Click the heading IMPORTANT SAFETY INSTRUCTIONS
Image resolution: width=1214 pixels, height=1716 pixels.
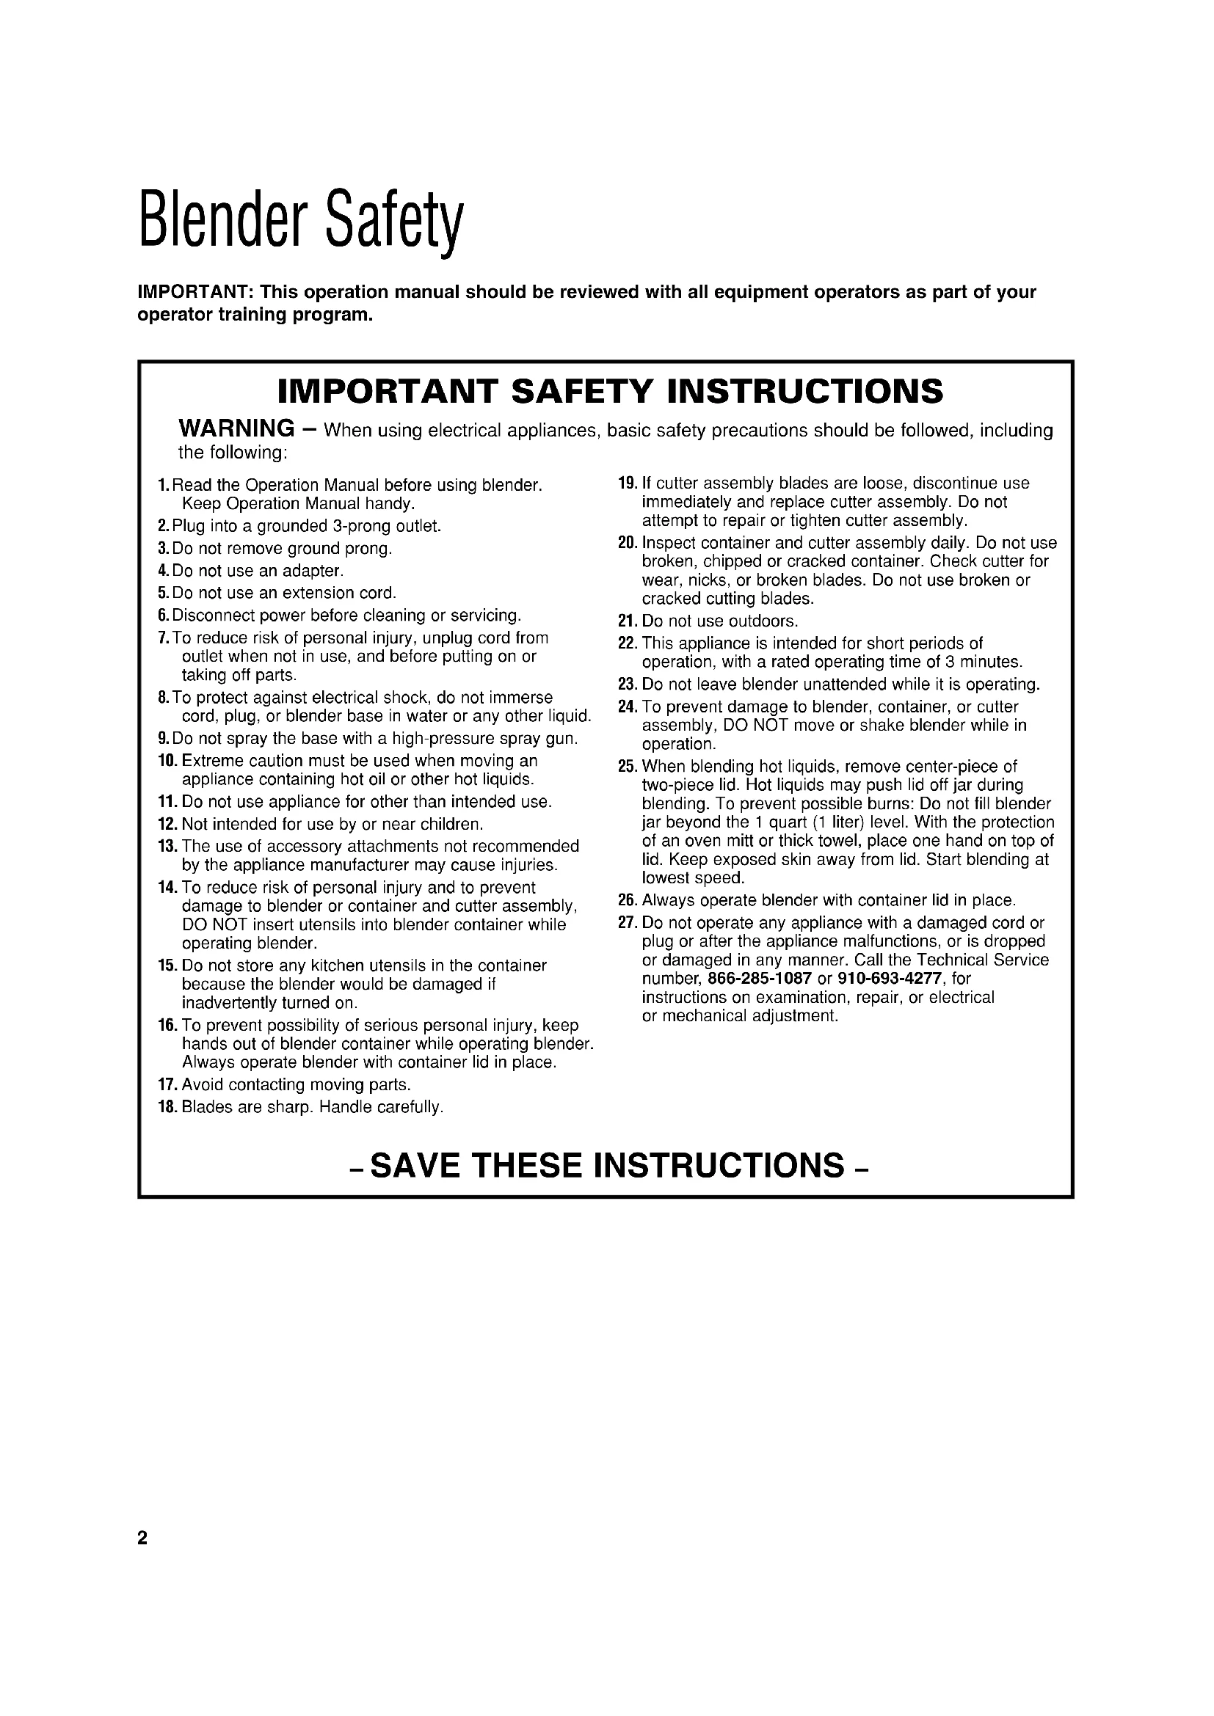(x=610, y=391)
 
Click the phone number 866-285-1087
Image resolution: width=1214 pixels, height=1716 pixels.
(x=760, y=979)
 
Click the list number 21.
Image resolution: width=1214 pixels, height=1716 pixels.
(x=627, y=621)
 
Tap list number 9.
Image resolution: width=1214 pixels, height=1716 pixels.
(x=164, y=740)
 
